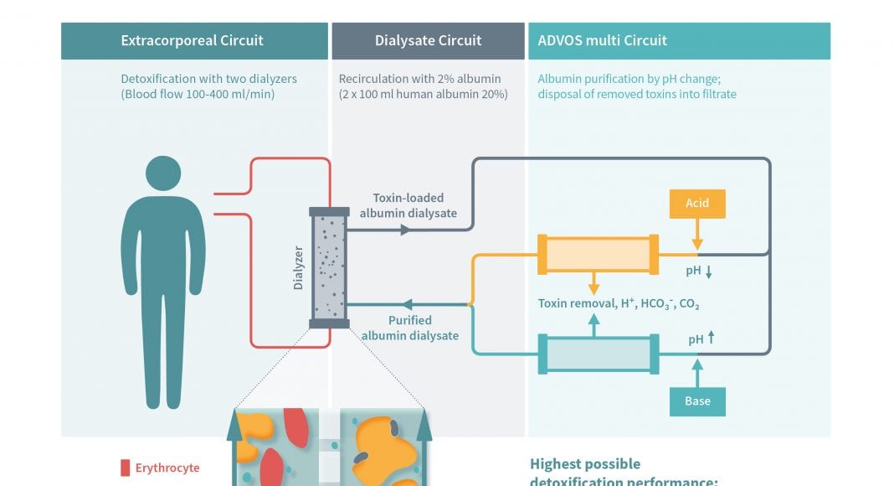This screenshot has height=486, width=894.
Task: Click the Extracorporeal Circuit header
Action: pyautogui.click(x=192, y=40)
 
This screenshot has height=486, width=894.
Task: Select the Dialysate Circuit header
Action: pyautogui.click(x=428, y=40)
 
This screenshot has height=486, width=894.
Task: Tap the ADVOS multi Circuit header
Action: pyautogui.click(x=603, y=40)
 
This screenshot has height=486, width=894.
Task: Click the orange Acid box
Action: pyautogui.click(x=697, y=204)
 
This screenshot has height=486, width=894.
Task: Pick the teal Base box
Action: pyautogui.click(x=697, y=401)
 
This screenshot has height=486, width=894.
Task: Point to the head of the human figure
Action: pyautogui.click(x=163, y=173)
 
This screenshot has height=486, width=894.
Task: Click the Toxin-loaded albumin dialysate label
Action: pyautogui.click(x=408, y=206)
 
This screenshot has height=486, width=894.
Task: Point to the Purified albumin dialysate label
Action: pyautogui.click(x=409, y=328)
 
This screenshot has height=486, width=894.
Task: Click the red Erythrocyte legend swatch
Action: pyautogui.click(x=126, y=468)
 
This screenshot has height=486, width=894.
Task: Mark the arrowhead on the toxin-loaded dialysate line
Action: pyautogui.click(x=405, y=229)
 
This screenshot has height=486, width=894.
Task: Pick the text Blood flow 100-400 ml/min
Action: pyautogui.click(x=198, y=95)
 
